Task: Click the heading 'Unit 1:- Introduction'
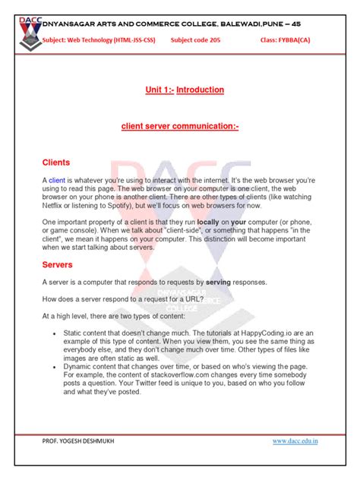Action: [x=185, y=90]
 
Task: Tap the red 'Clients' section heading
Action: [x=56, y=163]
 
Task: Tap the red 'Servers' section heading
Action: [x=58, y=265]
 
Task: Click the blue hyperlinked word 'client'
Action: [x=57, y=180]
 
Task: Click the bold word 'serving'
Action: [x=218, y=282]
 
